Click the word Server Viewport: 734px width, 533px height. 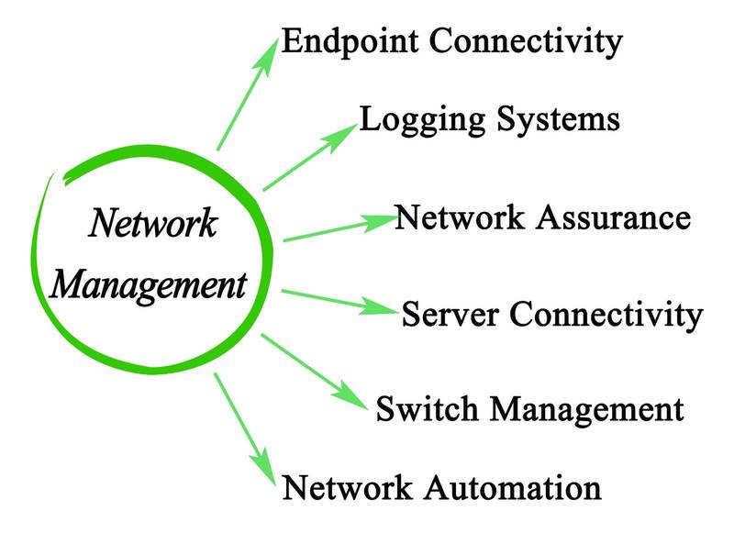coord(450,315)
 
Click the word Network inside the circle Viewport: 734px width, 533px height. coord(152,224)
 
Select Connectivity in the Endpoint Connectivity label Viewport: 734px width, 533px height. coord(528,42)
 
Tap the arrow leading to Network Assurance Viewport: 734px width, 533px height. coord(339,229)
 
